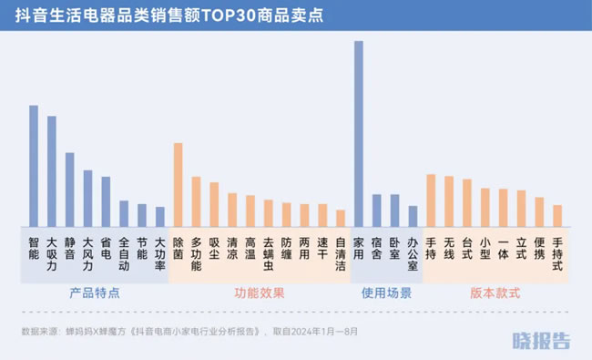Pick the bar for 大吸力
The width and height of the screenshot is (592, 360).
pos(52,171)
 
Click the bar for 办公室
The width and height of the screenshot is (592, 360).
pos(413,216)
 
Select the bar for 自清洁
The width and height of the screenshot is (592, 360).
pos(341,218)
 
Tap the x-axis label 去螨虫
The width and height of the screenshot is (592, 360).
pos(269,255)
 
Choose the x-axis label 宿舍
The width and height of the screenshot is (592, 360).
pos(376,249)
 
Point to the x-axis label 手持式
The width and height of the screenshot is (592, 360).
pos(557,255)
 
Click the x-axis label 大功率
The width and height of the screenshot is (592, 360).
pos(160,255)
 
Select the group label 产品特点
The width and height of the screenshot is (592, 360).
pos(95,293)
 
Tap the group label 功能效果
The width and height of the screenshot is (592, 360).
pos(260,293)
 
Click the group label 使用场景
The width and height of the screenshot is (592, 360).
pos(386,293)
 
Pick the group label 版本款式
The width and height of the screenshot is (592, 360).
pos(495,293)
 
